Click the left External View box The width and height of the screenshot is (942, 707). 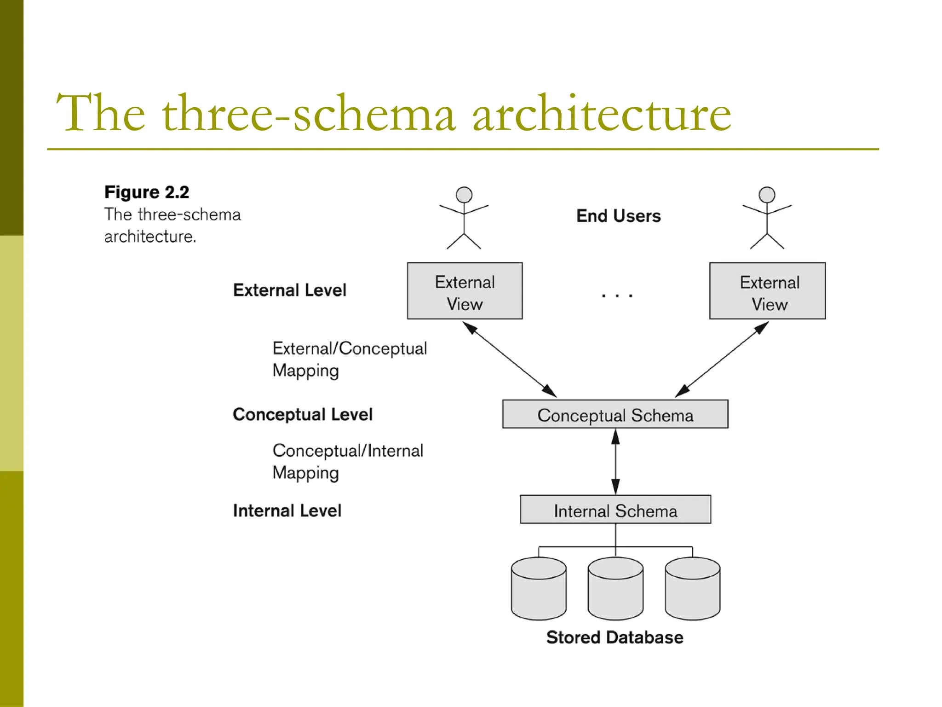465,291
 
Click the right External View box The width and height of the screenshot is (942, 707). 767,291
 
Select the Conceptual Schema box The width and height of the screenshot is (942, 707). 615,414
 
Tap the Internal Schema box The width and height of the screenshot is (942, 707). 615,510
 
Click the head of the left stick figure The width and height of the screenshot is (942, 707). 464,195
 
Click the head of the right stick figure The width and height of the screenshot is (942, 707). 767,195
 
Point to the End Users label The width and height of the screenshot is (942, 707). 618,216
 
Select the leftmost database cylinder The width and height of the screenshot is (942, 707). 539,589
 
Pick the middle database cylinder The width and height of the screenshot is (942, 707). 615,589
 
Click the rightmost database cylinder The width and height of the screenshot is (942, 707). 692,589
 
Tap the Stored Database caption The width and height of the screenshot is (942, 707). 615,637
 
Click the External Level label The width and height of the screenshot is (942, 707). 289,290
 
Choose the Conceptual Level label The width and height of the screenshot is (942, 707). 302,414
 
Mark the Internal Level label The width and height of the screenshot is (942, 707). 287,510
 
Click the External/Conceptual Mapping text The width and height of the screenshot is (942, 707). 349,359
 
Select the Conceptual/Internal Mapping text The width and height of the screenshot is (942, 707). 347,462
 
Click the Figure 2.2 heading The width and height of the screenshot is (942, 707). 146,192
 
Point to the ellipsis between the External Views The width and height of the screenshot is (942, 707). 617,295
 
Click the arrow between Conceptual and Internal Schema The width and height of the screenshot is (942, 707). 615,462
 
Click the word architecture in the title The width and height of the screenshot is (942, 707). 602,114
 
